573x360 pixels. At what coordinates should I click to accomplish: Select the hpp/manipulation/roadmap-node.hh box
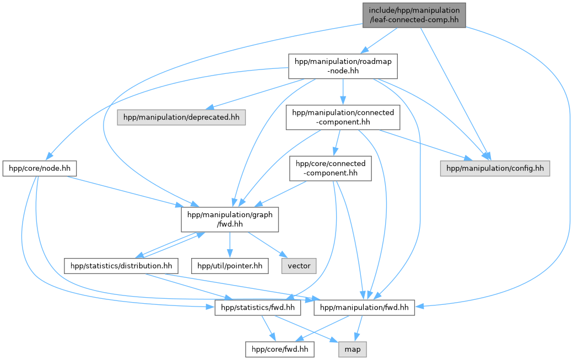coord(343,66)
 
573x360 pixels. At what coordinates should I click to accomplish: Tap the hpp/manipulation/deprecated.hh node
coord(182,117)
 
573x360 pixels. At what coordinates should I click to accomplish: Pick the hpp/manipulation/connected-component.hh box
coord(343,117)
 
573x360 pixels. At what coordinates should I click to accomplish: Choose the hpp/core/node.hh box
coord(39,169)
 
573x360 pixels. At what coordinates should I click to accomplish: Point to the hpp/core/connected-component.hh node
coord(331,169)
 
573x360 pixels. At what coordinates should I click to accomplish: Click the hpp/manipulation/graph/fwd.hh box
coord(230,219)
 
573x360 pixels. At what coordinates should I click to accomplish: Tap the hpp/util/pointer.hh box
coord(230,266)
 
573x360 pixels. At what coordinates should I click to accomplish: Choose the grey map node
coord(353,349)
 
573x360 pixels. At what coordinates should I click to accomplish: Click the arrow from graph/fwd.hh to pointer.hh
coord(230,244)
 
